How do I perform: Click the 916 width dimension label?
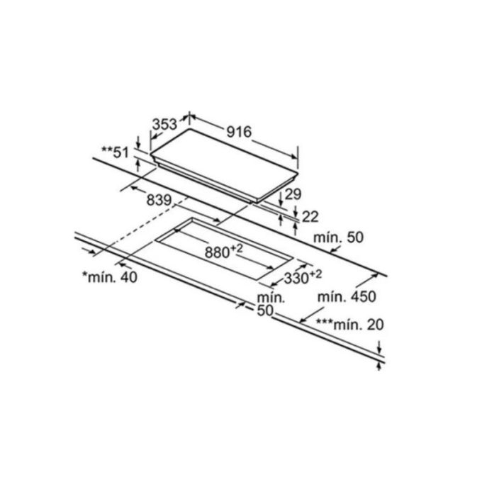click(239, 132)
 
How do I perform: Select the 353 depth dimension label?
click(164, 125)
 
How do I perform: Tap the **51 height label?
click(116, 152)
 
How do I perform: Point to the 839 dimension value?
click(159, 200)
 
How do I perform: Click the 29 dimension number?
click(293, 194)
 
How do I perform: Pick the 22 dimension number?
click(310, 217)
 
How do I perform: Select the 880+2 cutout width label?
click(224, 251)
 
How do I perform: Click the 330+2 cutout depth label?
click(303, 277)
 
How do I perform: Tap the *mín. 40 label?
click(110, 277)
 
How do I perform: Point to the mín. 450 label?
click(347, 296)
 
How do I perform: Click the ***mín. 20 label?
click(350, 325)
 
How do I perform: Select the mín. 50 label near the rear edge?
click(338, 237)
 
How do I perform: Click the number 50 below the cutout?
click(265, 310)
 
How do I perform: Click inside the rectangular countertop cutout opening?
click(225, 248)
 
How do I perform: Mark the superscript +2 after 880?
click(236, 248)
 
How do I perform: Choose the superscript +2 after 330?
click(315, 274)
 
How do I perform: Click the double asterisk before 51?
click(107, 150)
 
